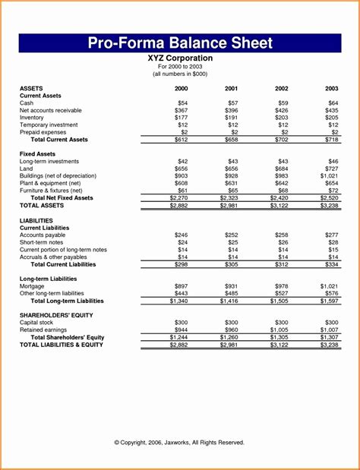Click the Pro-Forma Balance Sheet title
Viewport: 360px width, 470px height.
click(x=180, y=42)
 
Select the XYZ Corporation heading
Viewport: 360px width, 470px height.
click(x=180, y=58)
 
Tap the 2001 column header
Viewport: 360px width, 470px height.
click(x=232, y=89)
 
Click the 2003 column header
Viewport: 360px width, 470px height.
click(x=332, y=89)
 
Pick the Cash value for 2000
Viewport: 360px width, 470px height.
click(x=182, y=103)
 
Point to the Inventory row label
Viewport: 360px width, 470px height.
click(x=32, y=118)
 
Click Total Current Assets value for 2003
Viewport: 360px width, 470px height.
click(x=331, y=140)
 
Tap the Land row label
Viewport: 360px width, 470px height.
click(x=27, y=169)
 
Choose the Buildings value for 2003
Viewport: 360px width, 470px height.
click(x=330, y=176)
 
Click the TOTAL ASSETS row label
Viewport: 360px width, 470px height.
click(x=42, y=205)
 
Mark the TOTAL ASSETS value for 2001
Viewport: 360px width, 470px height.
click(x=230, y=206)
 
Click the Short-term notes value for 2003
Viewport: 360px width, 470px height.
click(x=333, y=242)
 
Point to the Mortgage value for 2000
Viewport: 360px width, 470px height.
click(x=182, y=286)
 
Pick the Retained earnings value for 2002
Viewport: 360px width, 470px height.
click(x=279, y=330)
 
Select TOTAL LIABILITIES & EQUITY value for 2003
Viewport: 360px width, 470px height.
click(x=330, y=345)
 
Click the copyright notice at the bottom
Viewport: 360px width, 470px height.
click(x=179, y=442)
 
